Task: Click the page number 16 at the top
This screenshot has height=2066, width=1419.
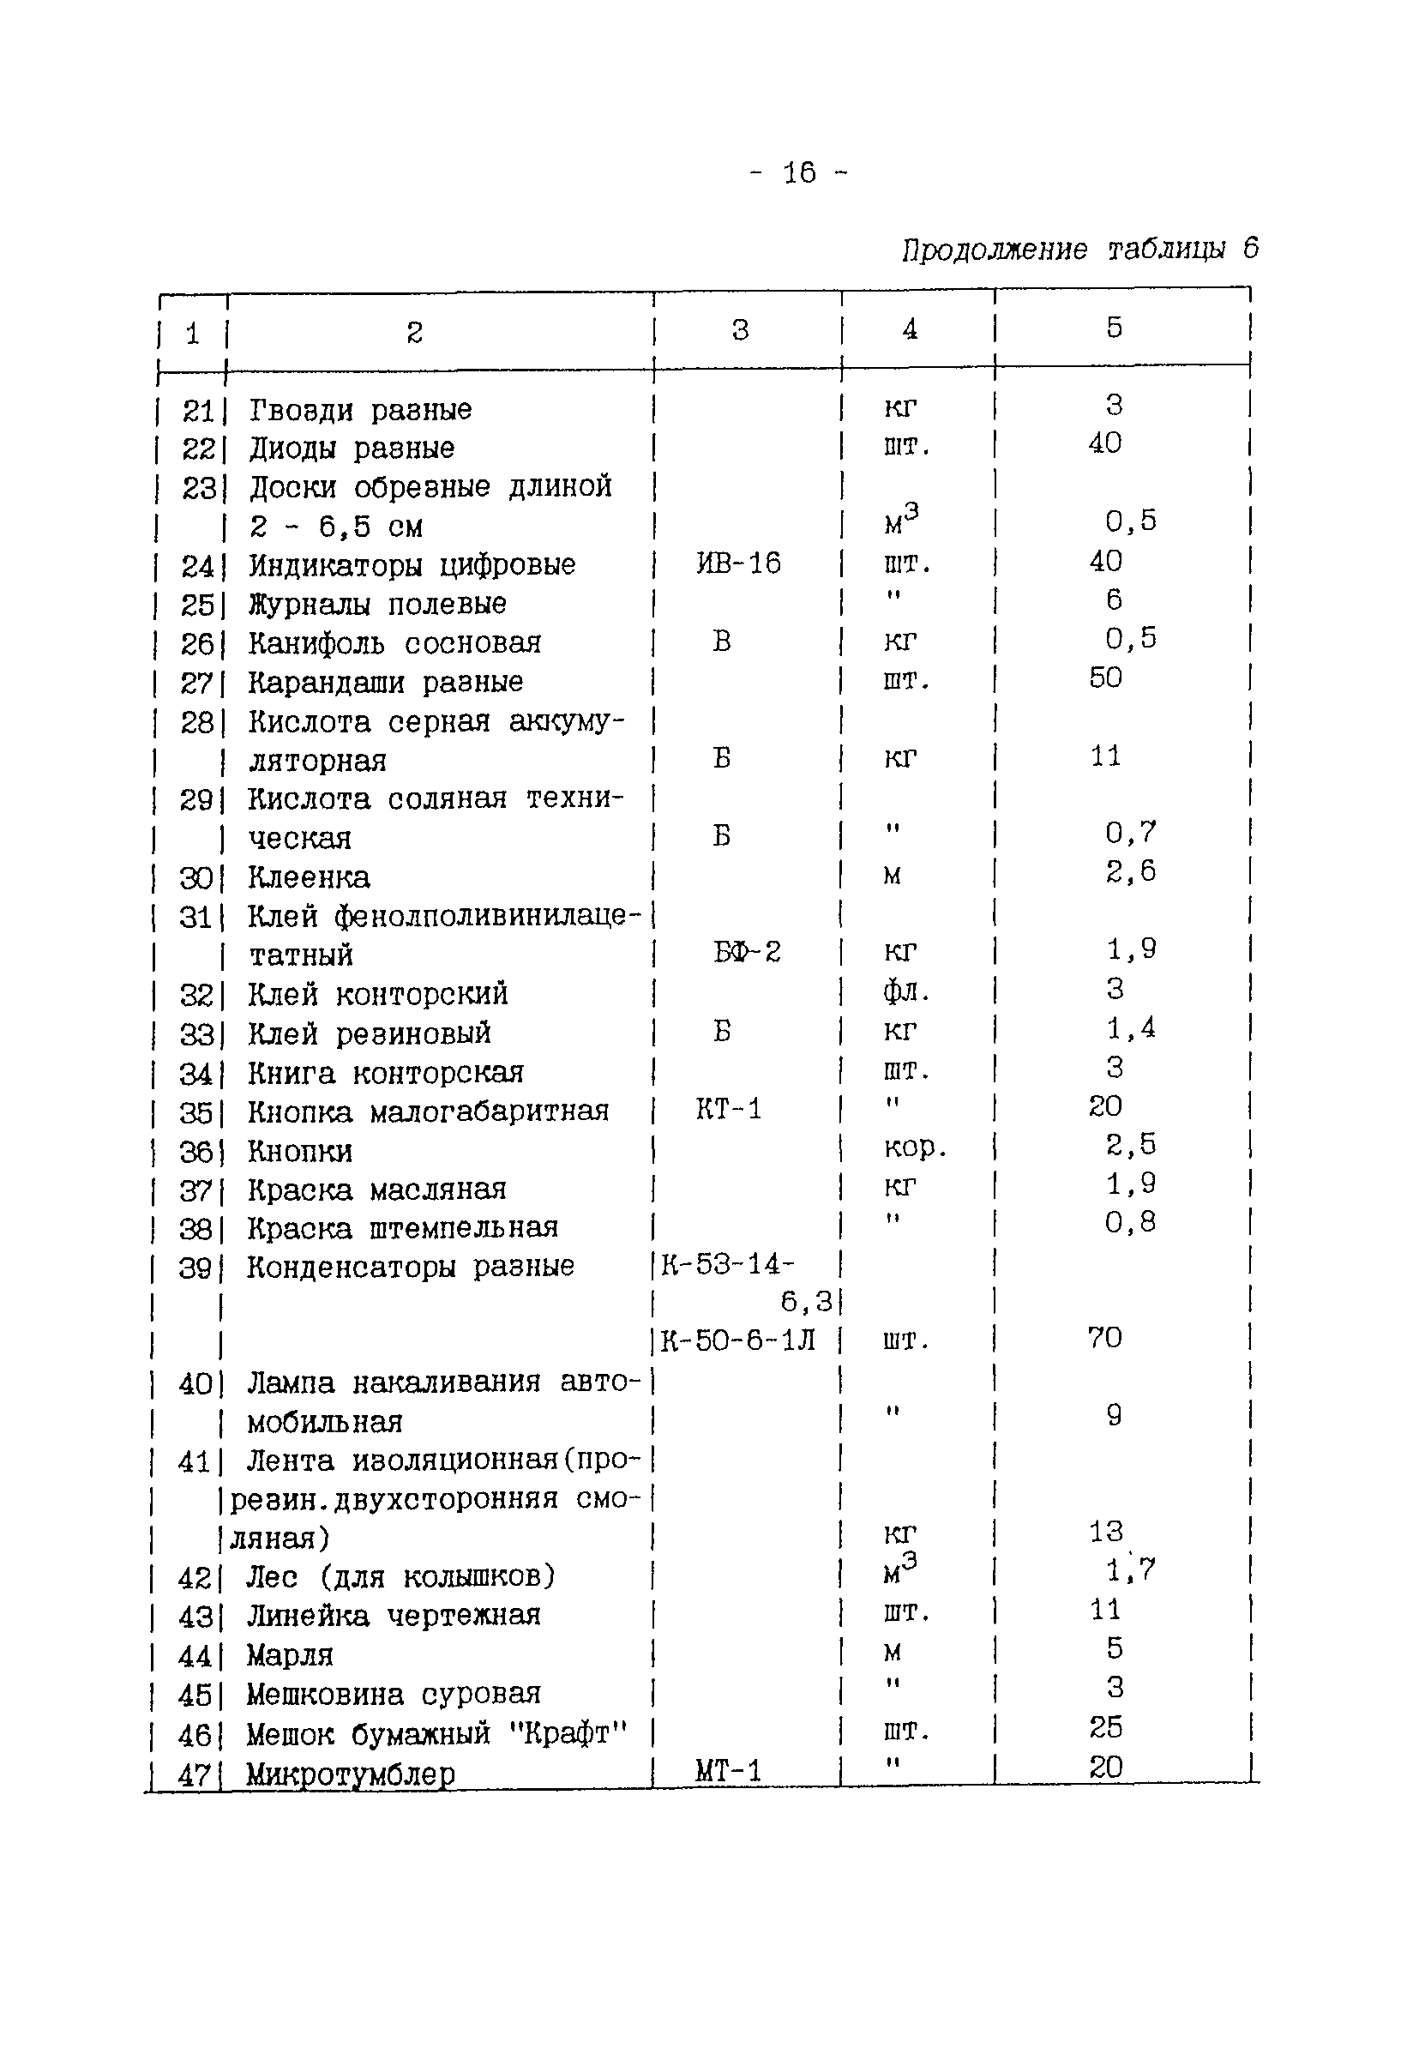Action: pos(799,172)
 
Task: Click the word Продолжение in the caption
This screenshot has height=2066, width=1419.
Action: pos(994,250)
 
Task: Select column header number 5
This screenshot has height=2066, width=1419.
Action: pos(1114,328)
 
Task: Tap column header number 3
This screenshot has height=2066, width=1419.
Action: pos(740,330)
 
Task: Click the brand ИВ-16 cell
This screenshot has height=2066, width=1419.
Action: pos(738,563)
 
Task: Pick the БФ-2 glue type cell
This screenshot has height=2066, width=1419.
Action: pos(746,953)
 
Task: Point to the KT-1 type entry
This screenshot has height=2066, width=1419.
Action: pos(728,1109)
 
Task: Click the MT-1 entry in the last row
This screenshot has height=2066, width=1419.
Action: pos(728,1771)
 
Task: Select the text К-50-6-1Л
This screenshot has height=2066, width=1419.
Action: pos(737,1340)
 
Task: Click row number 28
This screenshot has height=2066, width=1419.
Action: pos(196,722)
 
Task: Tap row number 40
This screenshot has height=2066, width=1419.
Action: pos(195,1384)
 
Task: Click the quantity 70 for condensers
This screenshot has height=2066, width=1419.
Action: pos(1104,1338)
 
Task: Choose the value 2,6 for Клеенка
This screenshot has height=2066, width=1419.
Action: pos(1130,871)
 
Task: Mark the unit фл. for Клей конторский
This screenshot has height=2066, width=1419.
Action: pos(906,991)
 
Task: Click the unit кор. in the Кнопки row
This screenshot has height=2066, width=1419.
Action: pos(915,1147)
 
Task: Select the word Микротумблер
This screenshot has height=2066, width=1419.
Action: pos(351,1774)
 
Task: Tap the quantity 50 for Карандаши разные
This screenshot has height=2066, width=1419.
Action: pos(1105,678)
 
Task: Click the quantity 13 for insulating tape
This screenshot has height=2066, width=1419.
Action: pos(1105,1532)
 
